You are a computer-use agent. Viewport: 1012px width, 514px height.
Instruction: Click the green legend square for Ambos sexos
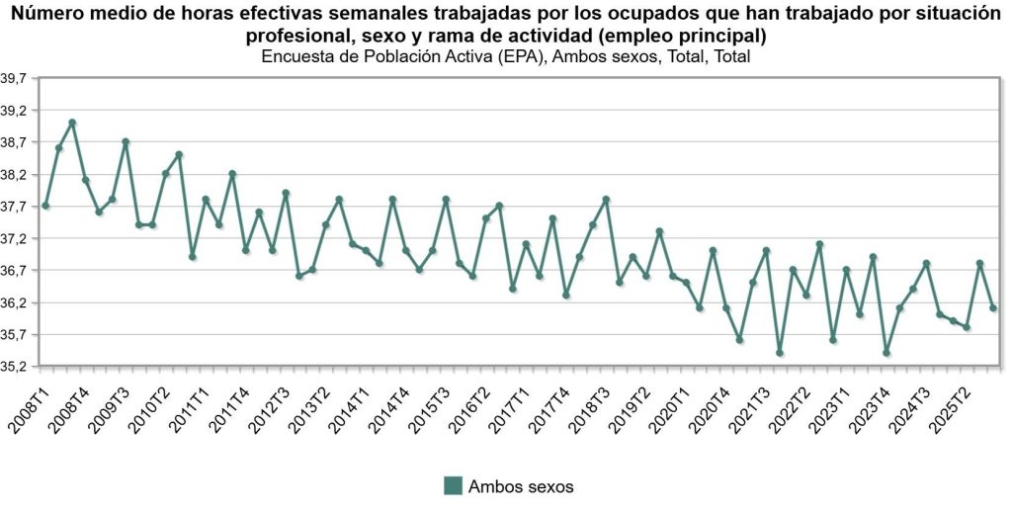(454, 485)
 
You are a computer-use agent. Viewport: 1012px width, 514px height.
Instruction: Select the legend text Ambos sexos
(521, 486)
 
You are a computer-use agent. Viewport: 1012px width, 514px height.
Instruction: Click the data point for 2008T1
(45, 206)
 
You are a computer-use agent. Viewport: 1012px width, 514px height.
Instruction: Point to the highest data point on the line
(72, 123)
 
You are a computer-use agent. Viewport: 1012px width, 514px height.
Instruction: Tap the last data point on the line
(993, 308)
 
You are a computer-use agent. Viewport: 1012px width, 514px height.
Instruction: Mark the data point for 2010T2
(179, 154)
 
